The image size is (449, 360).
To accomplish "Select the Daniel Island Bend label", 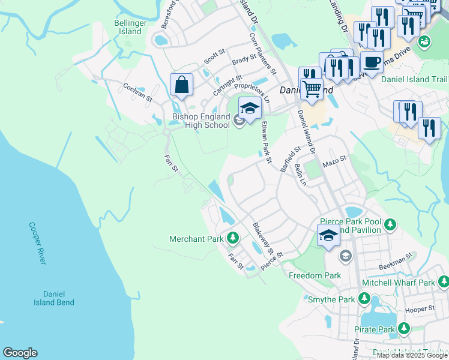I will point(58,298).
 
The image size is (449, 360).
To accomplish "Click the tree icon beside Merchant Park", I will point(233,239).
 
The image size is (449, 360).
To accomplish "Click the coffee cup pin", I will point(372,62).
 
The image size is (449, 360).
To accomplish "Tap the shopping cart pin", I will point(312,89).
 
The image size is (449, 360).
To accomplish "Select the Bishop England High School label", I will point(201,121).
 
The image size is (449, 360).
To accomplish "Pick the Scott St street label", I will point(213,58).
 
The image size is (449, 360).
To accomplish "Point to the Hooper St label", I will point(420,309).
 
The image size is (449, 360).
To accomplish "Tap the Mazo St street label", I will point(335,161).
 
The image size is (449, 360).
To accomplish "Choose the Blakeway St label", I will point(262,238).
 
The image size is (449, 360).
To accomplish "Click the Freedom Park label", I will point(315,275).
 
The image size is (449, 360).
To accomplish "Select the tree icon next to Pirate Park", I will point(404,329).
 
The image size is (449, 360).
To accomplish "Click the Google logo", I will point(20,353).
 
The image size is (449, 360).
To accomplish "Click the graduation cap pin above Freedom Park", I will point(328,236).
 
